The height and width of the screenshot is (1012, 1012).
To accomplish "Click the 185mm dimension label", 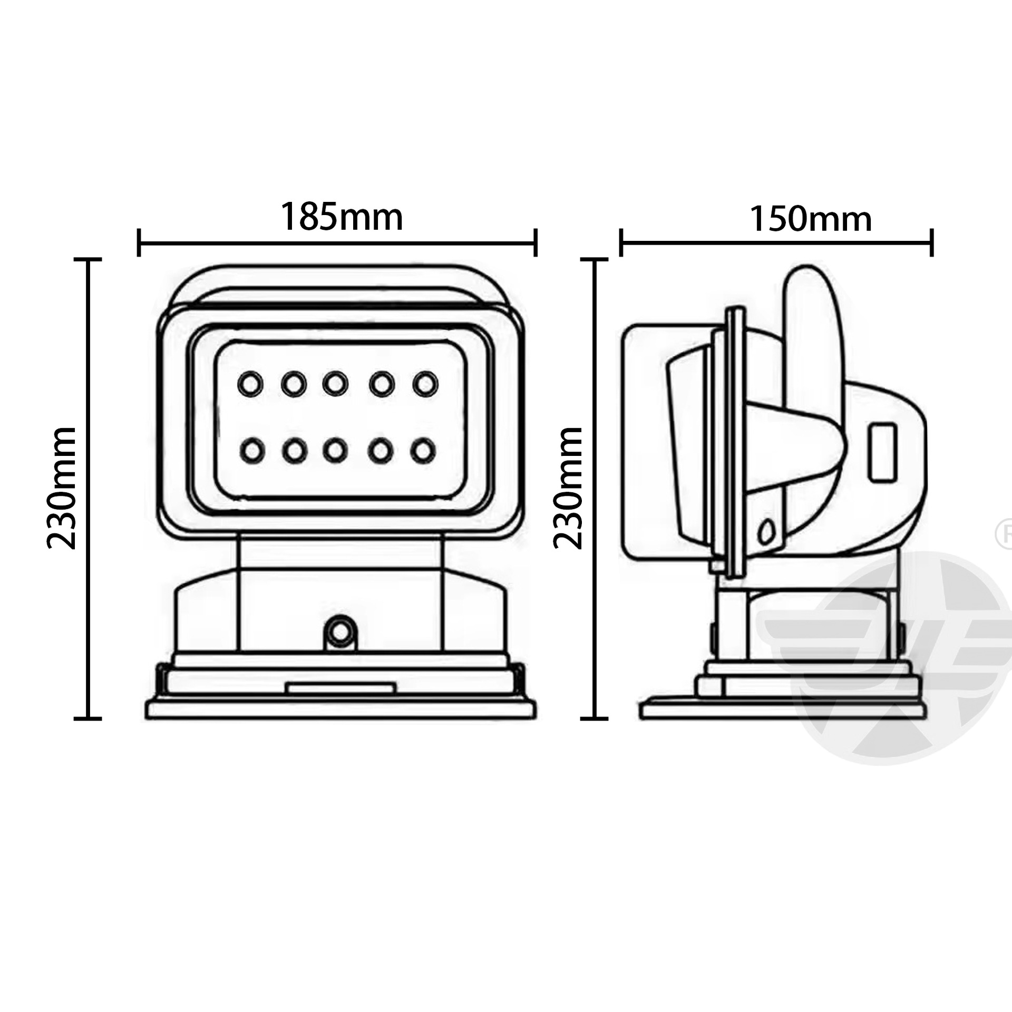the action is (341, 217).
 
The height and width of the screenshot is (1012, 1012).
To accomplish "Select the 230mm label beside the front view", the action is (63, 489).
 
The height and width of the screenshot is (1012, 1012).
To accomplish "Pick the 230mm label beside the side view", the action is (569, 489).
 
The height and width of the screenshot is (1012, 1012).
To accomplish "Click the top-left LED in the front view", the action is (250, 384).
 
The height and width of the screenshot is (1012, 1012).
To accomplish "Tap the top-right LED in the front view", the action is (425, 384).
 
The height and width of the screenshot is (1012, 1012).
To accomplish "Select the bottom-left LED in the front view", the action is (252, 451).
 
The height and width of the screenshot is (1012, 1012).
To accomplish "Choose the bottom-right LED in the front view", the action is (423, 451).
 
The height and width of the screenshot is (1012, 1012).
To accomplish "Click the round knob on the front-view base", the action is (340, 631).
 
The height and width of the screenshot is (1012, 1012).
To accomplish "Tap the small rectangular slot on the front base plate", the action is (340, 688).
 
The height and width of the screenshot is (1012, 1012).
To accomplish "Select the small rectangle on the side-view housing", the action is (882, 453).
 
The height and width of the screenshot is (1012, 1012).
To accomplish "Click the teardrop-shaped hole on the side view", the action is (766, 533).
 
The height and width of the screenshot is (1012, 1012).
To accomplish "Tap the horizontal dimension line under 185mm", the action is (337, 243).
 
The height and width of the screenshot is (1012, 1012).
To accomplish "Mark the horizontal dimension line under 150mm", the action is (776, 243).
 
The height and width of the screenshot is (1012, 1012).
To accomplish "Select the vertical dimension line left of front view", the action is (87, 489).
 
